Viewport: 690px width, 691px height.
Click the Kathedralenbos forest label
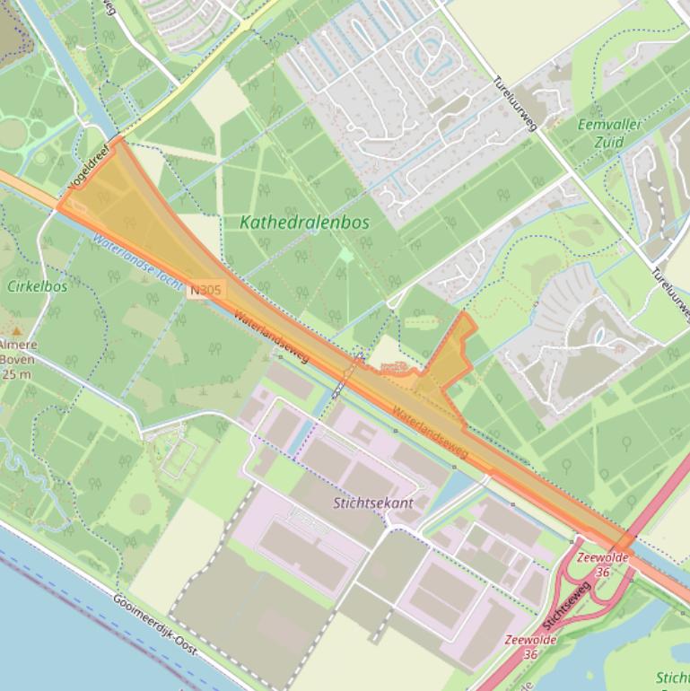click(x=305, y=222)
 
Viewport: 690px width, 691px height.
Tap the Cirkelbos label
click(x=37, y=286)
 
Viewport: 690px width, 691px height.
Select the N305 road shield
click(x=205, y=290)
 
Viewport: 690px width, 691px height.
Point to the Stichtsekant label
click(x=372, y=503)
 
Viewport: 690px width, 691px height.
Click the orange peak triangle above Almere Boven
click(x=15, y=331)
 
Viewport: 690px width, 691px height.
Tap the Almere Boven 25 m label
click(x=17, y=354)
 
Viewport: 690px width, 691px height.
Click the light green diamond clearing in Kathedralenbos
click(x=346, y=256)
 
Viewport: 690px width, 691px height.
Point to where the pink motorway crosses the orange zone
click(x=624, y=541)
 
